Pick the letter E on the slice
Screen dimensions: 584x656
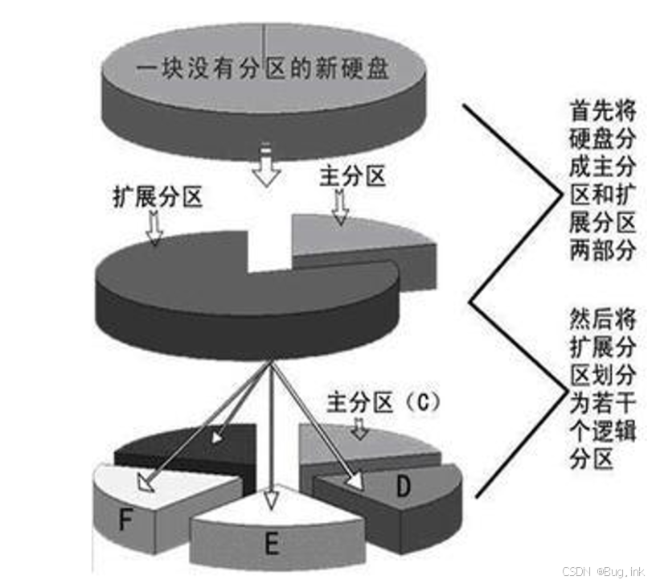click(271, 545)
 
